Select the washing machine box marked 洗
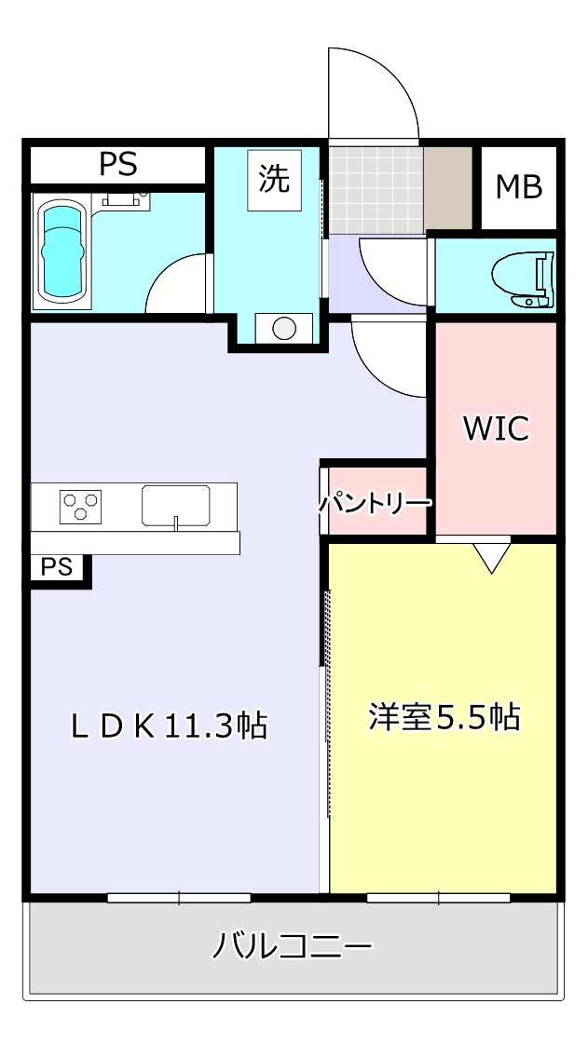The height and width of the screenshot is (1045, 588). (x=274, y=179)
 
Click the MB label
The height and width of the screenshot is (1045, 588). (x=518, y=187)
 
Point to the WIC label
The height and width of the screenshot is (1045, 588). (x=496, y=428)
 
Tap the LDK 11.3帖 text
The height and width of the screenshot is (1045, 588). (x=170, y=725)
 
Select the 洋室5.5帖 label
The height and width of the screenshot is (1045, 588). (x=444, y=717)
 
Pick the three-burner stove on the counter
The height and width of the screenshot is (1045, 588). (x=79, y=506)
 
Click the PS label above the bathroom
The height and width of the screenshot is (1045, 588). (x=118, y=165)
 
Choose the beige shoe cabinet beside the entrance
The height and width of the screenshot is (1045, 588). (x=449, y=187)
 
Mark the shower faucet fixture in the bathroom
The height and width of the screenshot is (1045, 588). (x=127, y=198)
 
